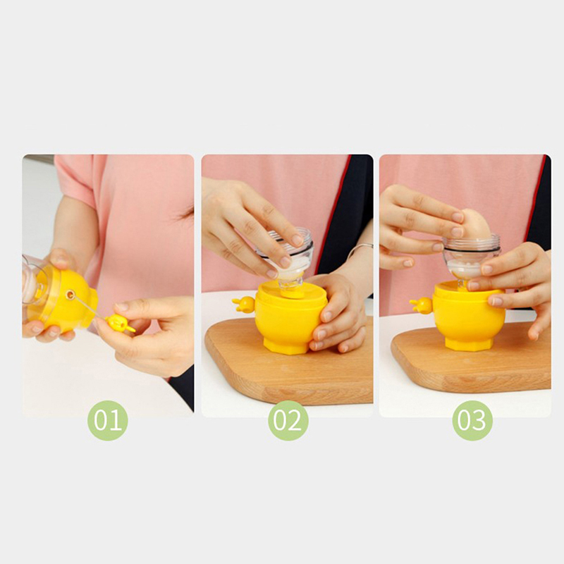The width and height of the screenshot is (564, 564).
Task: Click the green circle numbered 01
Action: click(x=108, y=420)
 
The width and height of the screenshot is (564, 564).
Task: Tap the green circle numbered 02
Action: click(x=288, y=420)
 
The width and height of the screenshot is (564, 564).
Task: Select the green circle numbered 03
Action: click(x=472, y=420)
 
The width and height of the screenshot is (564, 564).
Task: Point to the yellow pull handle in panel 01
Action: click(x=120, y=323)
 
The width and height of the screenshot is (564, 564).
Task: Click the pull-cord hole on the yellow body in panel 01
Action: click(x=70, y=295)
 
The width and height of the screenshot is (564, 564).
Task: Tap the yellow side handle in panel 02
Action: click(x=244, y=305)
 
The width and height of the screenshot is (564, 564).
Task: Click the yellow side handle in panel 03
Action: click(x=421, y=306)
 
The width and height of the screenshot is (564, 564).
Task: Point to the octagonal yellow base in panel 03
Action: click(x=469, y=343)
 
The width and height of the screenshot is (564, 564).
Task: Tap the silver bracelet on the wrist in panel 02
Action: click(x=360, y=248)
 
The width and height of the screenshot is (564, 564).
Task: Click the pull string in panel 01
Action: click(x=91, y=307)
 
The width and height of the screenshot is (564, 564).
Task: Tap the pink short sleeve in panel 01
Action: click(x=75, y=180)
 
